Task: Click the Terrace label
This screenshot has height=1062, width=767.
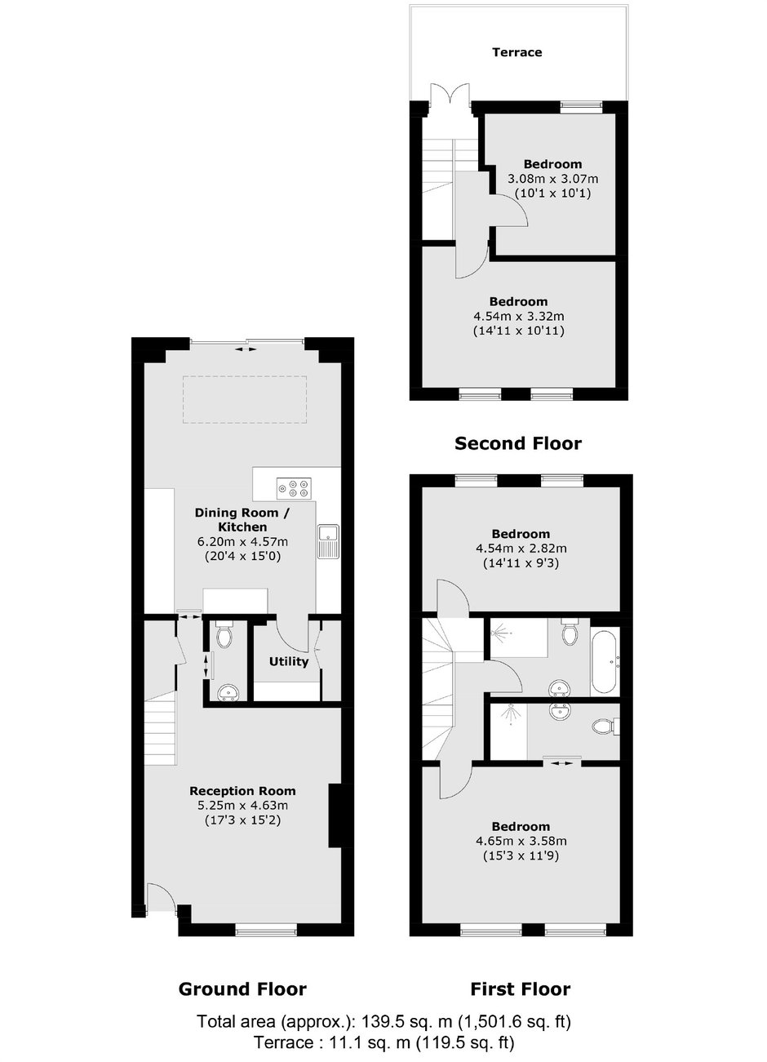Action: [517, 52]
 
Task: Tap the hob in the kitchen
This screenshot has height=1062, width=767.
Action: [294, 488]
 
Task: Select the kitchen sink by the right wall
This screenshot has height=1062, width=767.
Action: [328, 541]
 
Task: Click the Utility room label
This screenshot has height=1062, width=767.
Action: [289, 661]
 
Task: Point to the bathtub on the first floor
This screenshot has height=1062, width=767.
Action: [605, 661]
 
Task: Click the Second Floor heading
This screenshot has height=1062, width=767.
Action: [518, 443]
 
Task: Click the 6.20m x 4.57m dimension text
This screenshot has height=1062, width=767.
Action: [242, 541]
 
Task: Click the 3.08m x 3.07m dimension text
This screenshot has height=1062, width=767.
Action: [552, 180]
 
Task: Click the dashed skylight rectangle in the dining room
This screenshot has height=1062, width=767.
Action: [245, 399]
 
